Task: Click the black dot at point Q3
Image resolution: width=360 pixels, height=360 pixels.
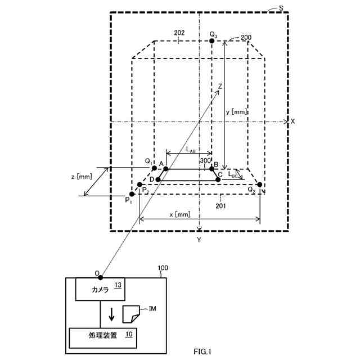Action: (212, 40)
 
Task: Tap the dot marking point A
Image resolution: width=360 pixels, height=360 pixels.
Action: (165, 169)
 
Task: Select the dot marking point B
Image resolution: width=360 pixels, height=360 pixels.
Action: (211, 169)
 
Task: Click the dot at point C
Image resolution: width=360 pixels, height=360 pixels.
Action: (218, 180)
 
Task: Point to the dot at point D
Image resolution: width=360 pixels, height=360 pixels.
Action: (158, 180)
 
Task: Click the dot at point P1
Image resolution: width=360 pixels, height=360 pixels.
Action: (132, 194)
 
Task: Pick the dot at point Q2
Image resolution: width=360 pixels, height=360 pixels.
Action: (259, 184)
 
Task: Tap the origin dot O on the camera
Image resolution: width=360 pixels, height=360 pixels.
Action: (101, 277)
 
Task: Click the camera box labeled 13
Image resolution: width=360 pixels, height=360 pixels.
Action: (101, 289)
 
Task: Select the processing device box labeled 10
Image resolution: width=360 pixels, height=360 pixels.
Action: (103, 337)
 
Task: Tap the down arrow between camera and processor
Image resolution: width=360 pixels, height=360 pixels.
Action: (111, 313)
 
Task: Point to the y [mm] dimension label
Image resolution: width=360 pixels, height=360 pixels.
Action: (236, 112)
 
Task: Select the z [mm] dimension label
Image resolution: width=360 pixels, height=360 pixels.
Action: (82, 177)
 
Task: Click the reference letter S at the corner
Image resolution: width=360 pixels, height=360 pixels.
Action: (281, 8)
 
